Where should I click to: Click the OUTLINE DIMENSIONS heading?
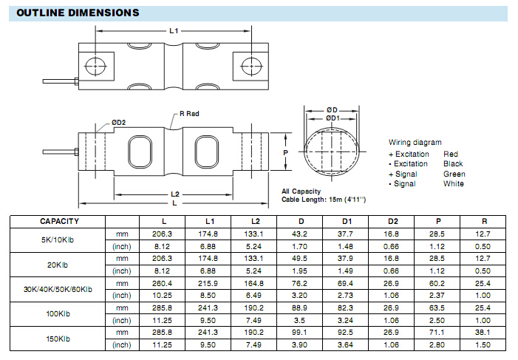[78, 13]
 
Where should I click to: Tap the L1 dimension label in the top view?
[174, 31]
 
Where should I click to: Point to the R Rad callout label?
[189, 114]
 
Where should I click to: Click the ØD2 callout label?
[118, 122]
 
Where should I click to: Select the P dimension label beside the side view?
[285, 152]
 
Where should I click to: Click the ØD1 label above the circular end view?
[333, 118]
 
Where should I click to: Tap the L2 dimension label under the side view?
[175, 194]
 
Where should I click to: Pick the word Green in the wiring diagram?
[454, 174]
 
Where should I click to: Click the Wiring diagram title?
[415, 142]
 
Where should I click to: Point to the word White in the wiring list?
[454, 184]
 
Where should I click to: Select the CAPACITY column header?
[59, 222]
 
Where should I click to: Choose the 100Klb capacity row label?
[58, 313]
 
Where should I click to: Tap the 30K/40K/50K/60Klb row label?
[58, 289]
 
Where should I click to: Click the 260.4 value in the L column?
[163, 283]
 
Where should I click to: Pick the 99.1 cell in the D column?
[299, 332]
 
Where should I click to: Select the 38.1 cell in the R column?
[483, 332]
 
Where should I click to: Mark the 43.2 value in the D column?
[299, 234]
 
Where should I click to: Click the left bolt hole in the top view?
[95, 66]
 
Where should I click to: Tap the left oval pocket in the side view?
[140, 152]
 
